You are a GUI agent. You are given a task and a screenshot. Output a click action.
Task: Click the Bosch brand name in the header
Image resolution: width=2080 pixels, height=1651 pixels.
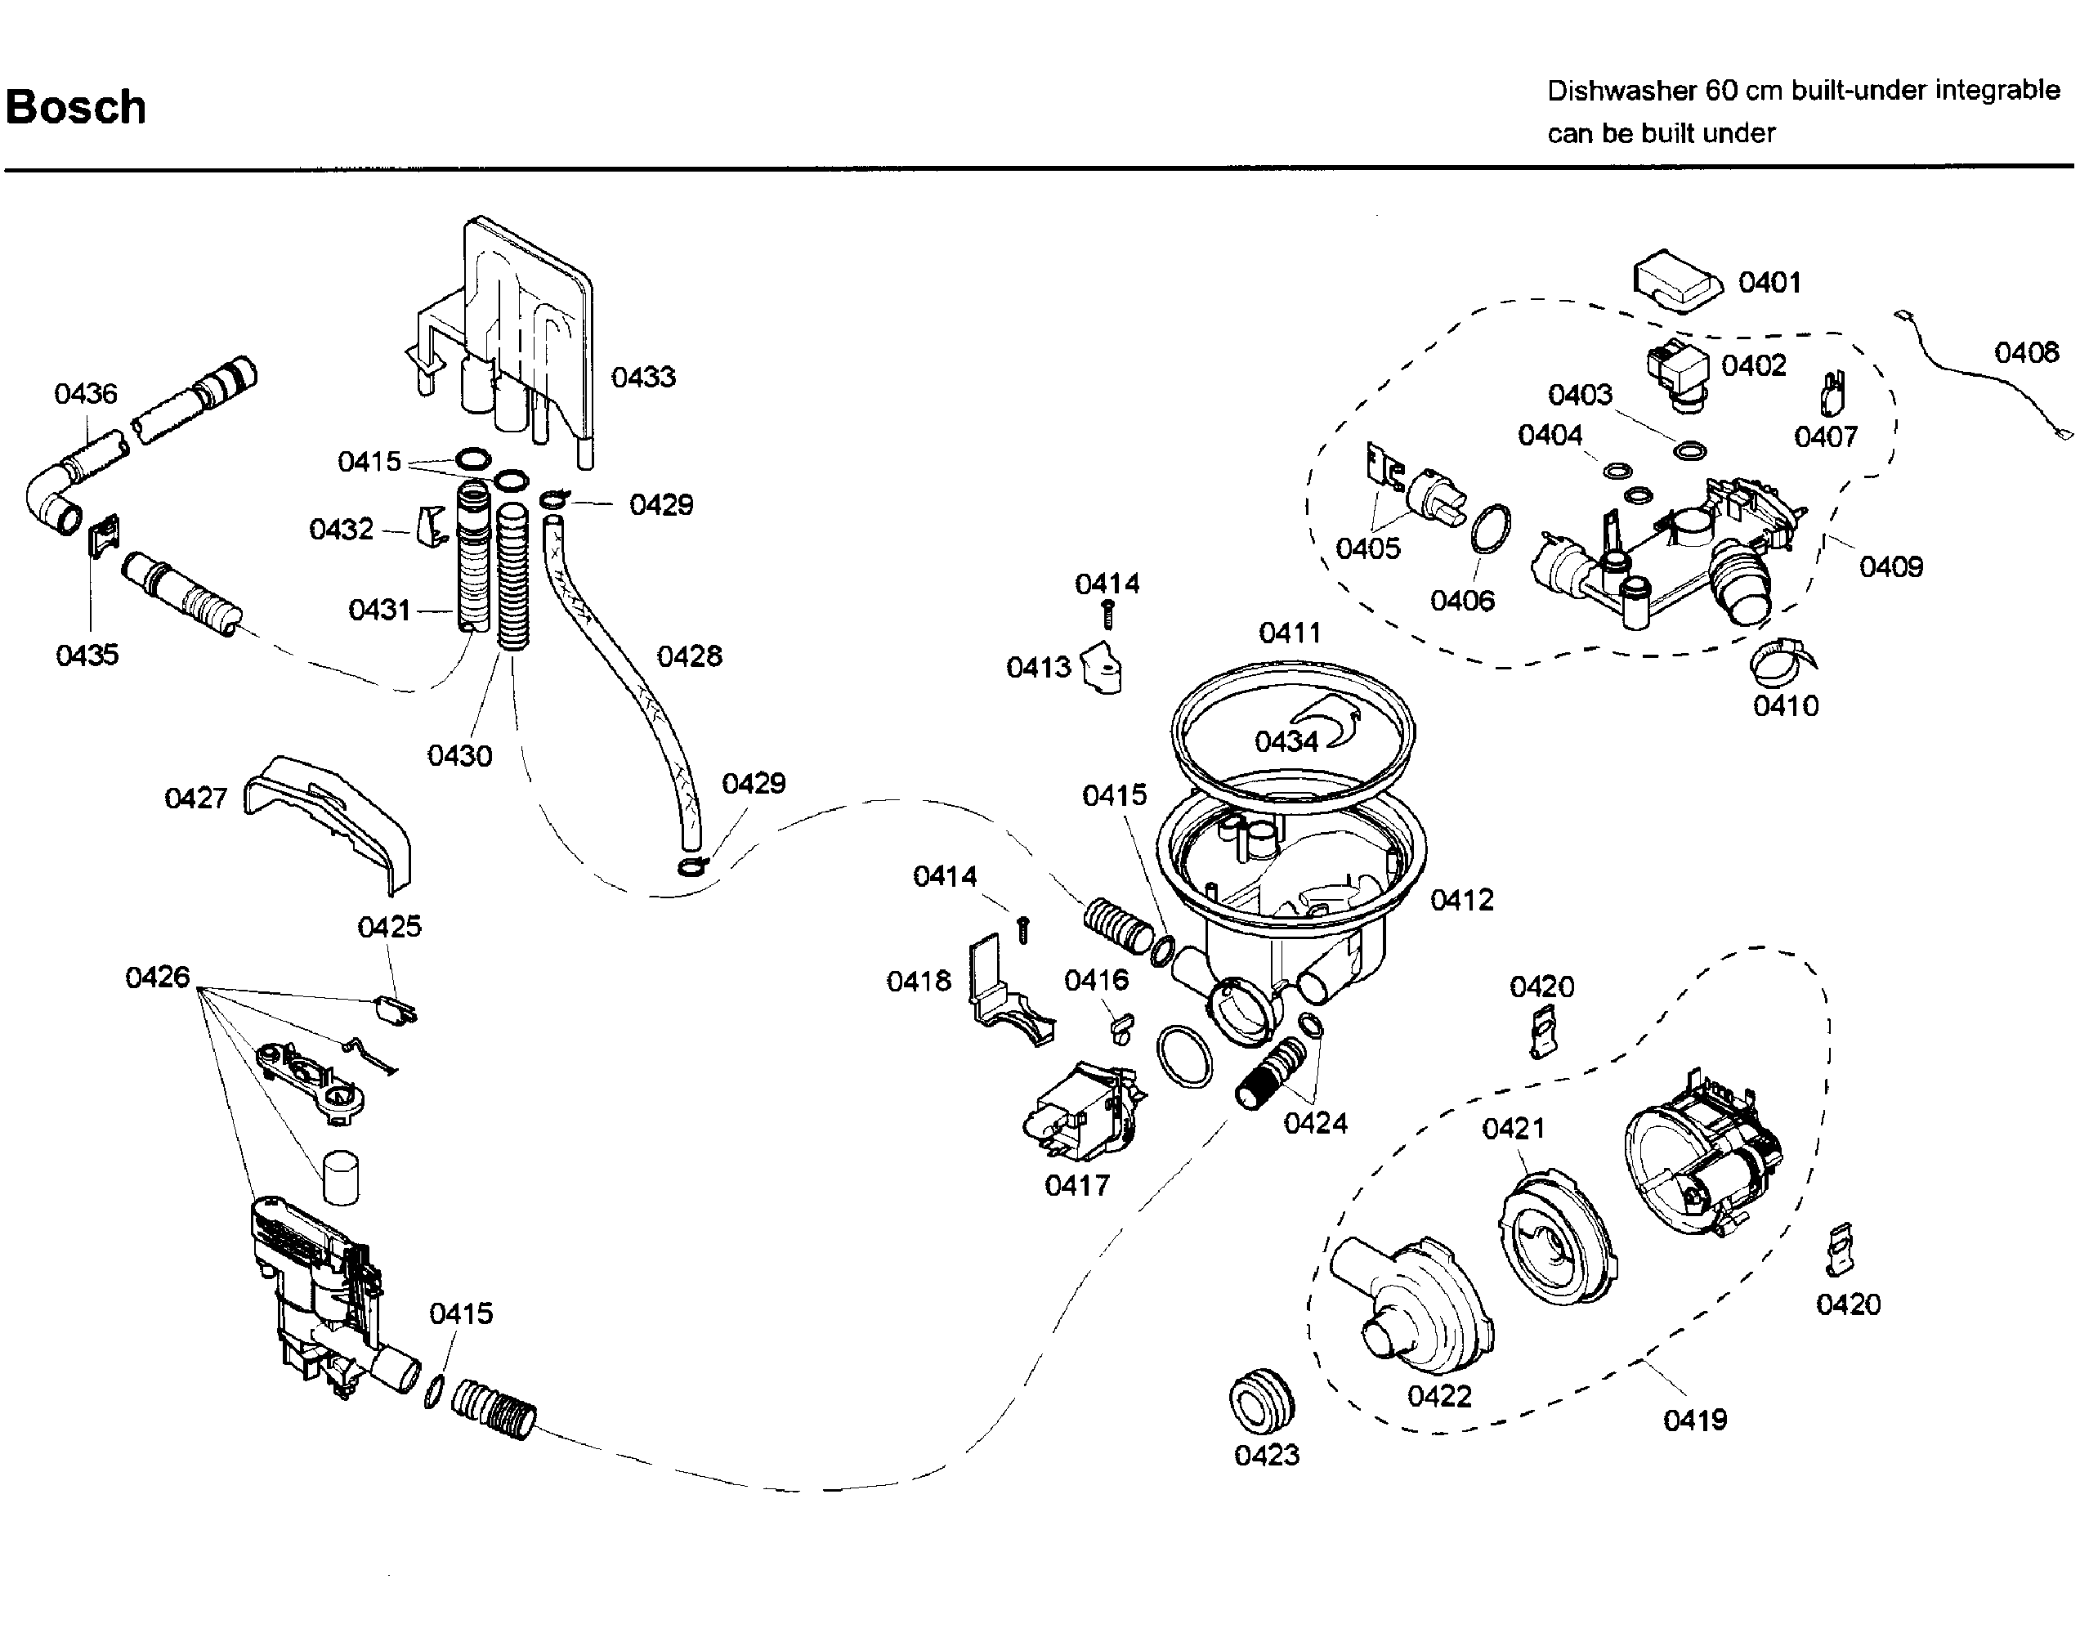(x=75, y=107)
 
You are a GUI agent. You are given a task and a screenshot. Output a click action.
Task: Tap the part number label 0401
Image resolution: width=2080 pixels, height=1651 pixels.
(x=1769, y=283)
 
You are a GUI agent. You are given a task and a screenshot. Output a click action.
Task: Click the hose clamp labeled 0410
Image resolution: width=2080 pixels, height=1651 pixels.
(x=1783, y=659)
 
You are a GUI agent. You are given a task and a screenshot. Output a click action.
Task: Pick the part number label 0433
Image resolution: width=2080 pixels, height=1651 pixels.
(x=643, y=378)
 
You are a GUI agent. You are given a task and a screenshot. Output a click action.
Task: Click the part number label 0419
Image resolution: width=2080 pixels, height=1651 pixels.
(x=1695, y=1421)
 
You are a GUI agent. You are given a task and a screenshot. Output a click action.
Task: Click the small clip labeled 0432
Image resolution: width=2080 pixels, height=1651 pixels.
(x=432, y=526)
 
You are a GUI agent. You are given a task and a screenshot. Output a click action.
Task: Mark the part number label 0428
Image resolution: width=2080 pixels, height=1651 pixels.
(x=689, y=656)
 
